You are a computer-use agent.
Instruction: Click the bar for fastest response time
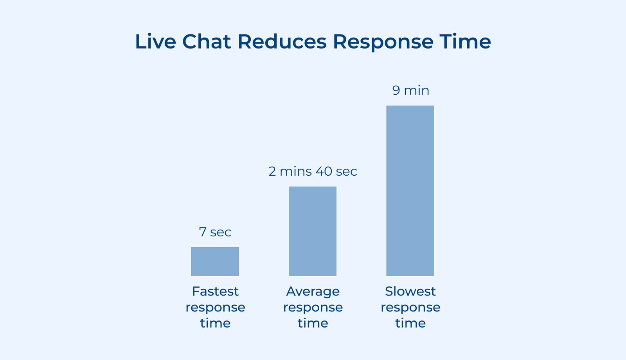point(215,261)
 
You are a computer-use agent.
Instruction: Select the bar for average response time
point(313,231)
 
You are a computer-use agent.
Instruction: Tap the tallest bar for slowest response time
point(410,191)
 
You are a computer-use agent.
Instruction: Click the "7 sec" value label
point(215,232)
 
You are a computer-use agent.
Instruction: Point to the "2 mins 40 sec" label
point(313,171)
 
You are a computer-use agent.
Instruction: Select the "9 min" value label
point(410,90)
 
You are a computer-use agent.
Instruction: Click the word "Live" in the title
point(155,41)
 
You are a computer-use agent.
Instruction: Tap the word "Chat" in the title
point(207,41)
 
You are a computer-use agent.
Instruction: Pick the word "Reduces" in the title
point(282,41)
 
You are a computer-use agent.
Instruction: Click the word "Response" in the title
point(383,42)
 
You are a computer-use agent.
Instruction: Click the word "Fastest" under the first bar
point(215,292)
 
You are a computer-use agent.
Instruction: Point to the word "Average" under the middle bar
point(313,292)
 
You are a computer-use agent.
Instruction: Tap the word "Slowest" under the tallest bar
point(410,292)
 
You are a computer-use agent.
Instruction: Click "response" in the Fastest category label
point(215,308)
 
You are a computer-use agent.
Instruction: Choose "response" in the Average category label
point(313,308)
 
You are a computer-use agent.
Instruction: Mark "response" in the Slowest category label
point(410,308)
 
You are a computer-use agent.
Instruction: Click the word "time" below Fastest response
point(215,323)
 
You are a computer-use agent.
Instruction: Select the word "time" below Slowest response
point(410,323)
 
